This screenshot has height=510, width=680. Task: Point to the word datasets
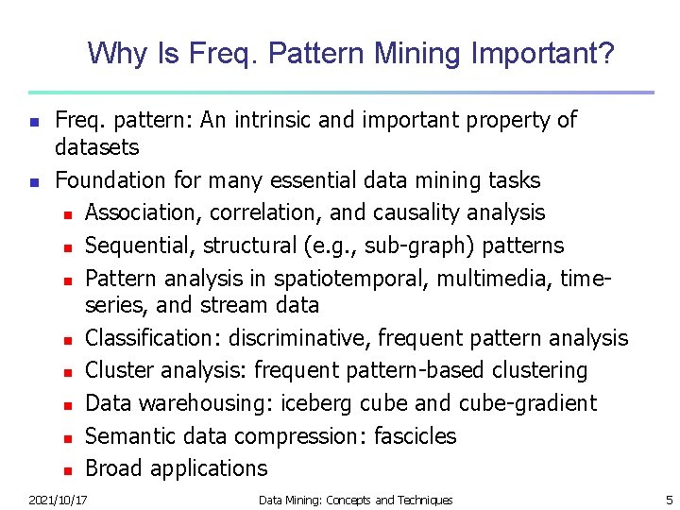click(x=96, y=147)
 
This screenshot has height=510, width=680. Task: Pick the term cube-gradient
click(x=528, y=403)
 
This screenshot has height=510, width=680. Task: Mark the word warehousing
click(x=199, y=403)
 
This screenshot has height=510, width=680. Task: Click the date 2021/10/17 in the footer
click(x=58, y=500)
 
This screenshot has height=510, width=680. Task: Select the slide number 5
click(x=669, y=500)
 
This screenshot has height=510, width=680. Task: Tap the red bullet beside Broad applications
click(x=68, y=469)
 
